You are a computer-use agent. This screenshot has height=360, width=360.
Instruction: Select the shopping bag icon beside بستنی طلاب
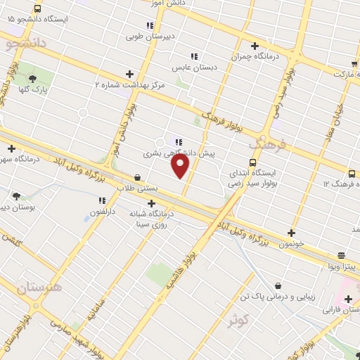tap(136, 178)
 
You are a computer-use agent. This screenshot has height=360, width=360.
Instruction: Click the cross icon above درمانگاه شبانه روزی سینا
tap(152, 202)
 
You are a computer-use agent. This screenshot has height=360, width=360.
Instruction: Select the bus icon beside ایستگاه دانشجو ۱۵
tap(37, 9)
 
